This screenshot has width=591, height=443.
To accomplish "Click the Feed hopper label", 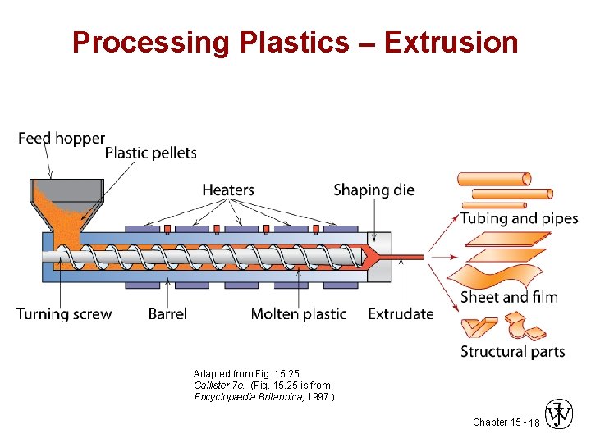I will (x=62, y=138).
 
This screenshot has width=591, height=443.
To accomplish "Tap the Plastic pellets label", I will (x=151, y=152).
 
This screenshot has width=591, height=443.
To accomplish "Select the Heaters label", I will (x=228, y=190).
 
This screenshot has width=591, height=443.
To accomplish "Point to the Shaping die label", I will (x=373, y=190).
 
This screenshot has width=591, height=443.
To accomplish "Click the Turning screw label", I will (x=64, y=313).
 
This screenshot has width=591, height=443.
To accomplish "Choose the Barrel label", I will (x=167, y=313).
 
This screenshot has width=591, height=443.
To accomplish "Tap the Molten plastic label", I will (x=299, y=313).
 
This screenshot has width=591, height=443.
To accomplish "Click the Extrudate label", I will (x=401, y=313).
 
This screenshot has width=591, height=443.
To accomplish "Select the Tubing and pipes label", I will (x=519, y=218).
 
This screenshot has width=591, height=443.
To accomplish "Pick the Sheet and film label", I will (x=509, y=296).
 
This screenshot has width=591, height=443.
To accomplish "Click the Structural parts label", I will (x=512, y=351).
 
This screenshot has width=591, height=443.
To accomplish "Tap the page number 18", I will (x=534, y=422).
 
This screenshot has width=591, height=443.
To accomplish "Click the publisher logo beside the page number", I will (x=560, y=415).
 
